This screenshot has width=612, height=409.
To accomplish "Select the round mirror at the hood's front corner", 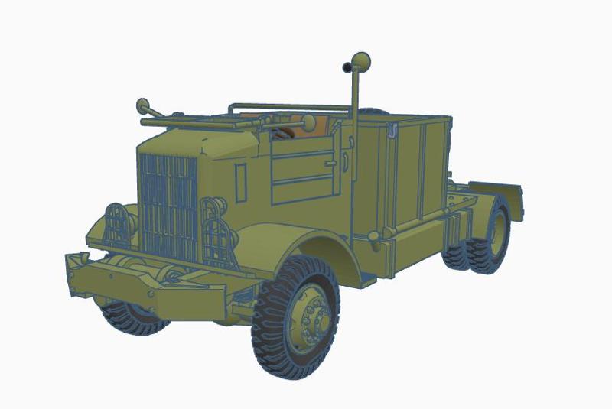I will point(142,105).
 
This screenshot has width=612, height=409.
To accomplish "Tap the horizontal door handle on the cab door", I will point(331,163).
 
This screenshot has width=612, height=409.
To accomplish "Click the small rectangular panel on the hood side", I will point(240,182).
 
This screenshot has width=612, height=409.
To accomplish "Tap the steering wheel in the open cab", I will point(281,132).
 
